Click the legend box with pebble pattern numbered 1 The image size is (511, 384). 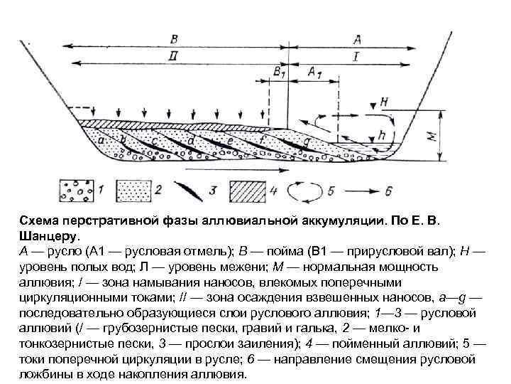pyautogui.click(x=76, y=191)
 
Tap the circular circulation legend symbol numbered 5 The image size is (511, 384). pyautogui.click(x=303, y=191)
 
